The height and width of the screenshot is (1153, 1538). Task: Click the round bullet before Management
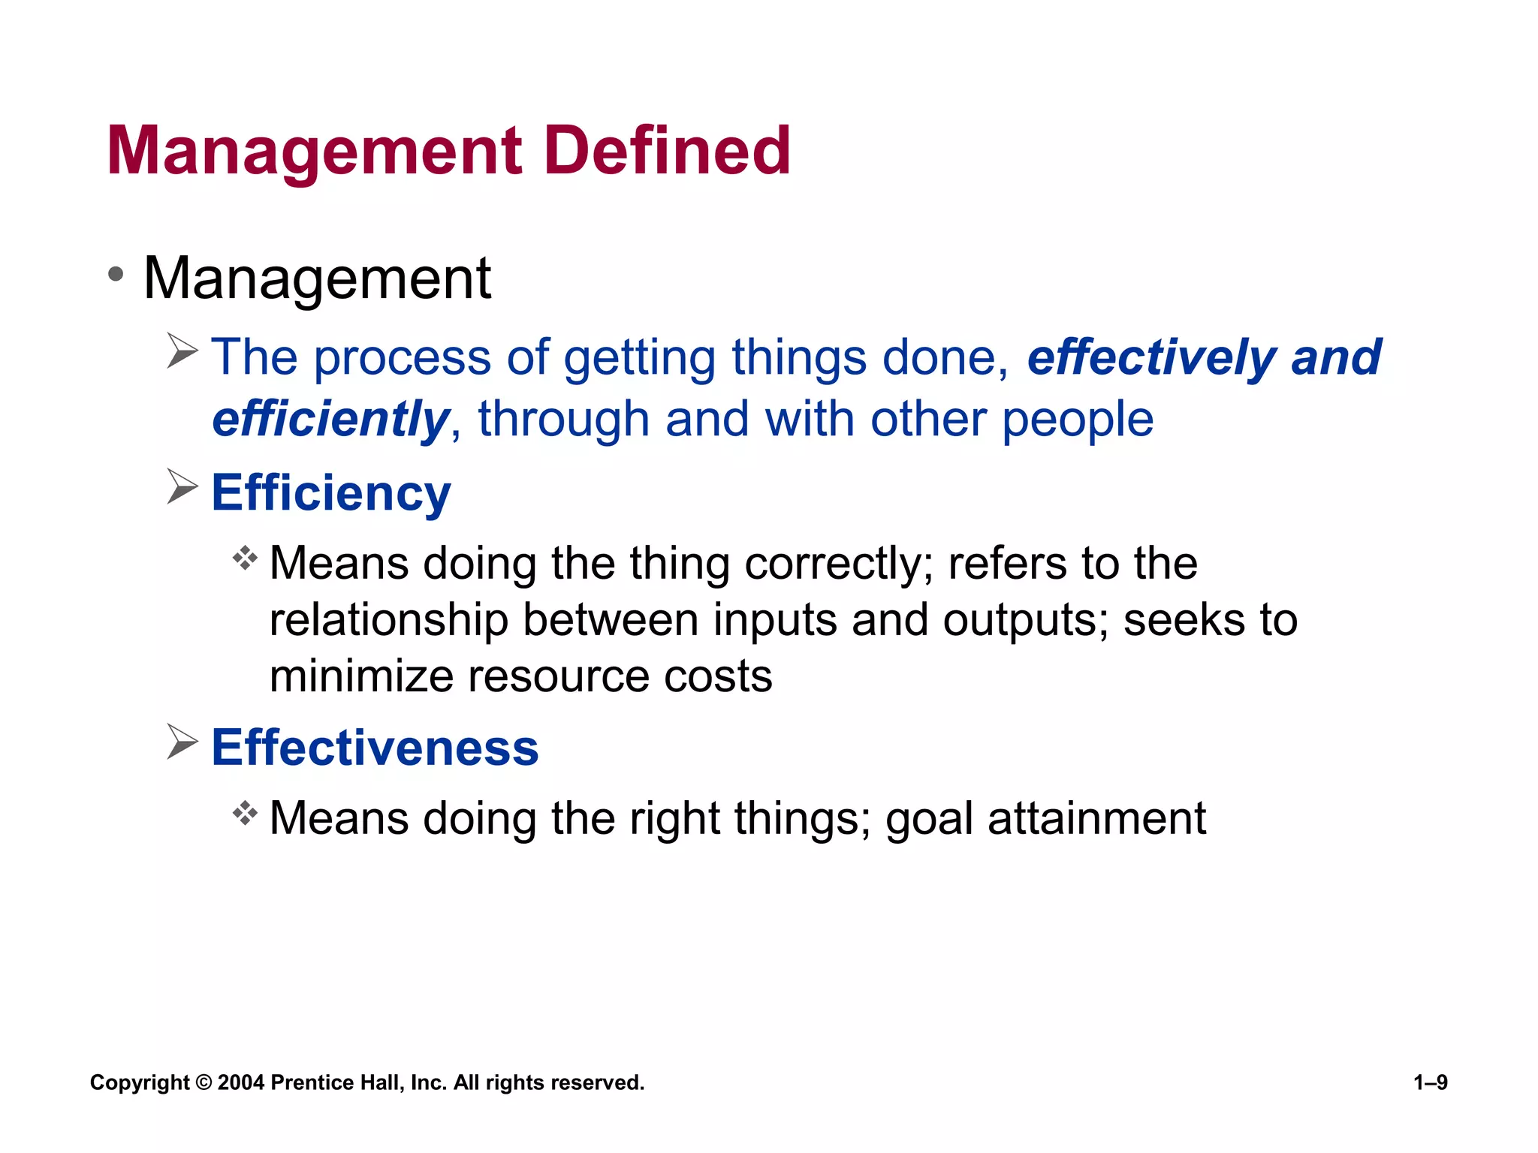point(116,274)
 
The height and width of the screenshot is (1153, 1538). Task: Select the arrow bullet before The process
point(182,351)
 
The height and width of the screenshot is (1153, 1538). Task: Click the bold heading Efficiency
point(331,493)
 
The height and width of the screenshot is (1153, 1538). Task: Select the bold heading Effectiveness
point(375,748)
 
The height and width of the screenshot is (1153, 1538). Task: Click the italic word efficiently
point(330,419)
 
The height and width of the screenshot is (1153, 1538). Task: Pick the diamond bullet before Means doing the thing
point(245,558)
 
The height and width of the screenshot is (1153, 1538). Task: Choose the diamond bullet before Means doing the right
point(245,812)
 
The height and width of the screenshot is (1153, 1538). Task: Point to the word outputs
point(1024,620)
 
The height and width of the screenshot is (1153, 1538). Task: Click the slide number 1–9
point(1430,1082)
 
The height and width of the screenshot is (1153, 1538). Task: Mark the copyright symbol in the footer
point(203,1082)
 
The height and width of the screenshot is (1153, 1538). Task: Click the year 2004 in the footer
point(240,1082)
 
